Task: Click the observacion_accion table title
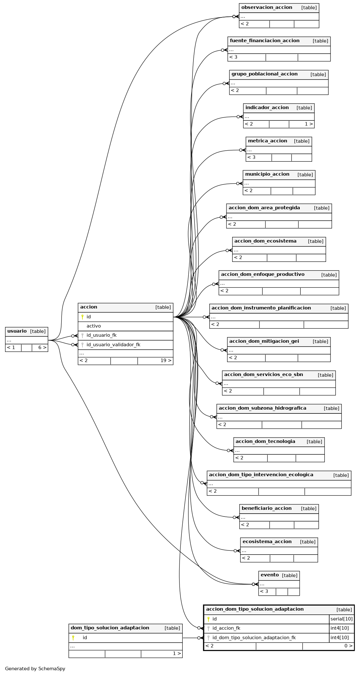[x=267, y=7]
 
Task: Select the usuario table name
[x=17, y=331]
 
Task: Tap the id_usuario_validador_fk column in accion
[x=113, y=345]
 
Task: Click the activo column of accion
[x=94, y=326]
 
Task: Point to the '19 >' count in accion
[x=166, y=360]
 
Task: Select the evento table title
[x=270, y=575]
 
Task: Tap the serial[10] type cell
[x=342, y=619]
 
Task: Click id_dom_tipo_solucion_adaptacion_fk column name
[x=254, y=638]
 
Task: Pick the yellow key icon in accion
[x=82, y=317]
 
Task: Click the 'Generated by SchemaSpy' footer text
[x=35, y=669]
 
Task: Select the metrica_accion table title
[x=267, y=141]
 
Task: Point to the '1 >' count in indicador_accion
[x=309, y=124]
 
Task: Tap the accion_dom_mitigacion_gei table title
[x=264, y=341]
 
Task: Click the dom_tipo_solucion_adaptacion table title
[x=110, y=628]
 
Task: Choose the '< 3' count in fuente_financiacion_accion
[x=233, y=57]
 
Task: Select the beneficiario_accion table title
[x=266, y=508]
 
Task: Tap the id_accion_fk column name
[x=226, y=628]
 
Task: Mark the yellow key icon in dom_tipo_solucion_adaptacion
[x=73, y=638]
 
